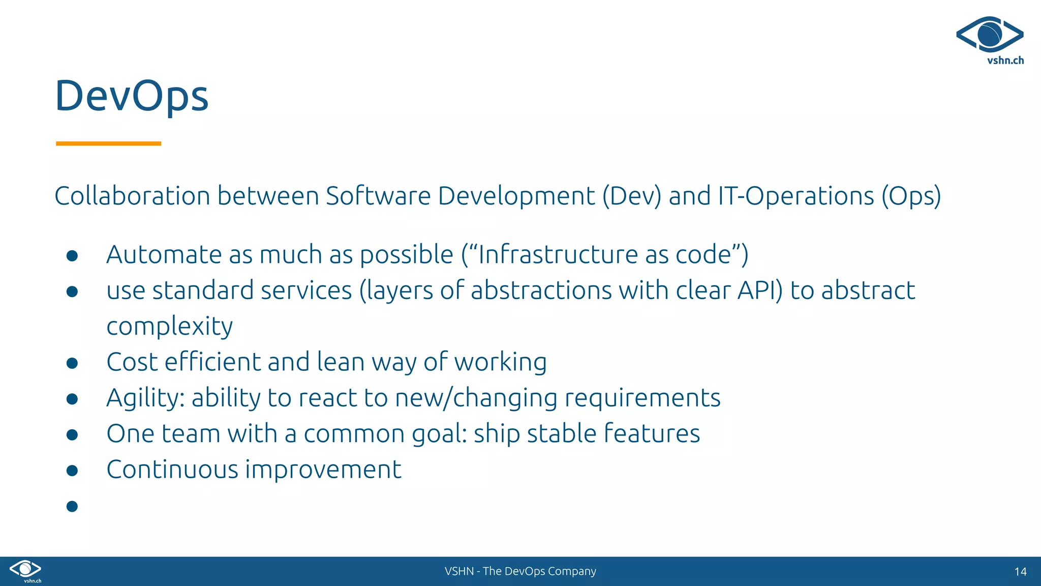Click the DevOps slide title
click(132, 96)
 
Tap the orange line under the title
click(108, 143)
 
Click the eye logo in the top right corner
click(989, 35)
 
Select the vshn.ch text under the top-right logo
click(1005, 61)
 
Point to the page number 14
click(1020, 572)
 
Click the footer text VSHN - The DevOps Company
click(520, 571)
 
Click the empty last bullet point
click(72, 506)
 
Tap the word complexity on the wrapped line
click(169, 327)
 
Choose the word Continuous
click(172, 470)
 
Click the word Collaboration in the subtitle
click(132, 196)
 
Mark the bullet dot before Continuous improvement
click(72, 471)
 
